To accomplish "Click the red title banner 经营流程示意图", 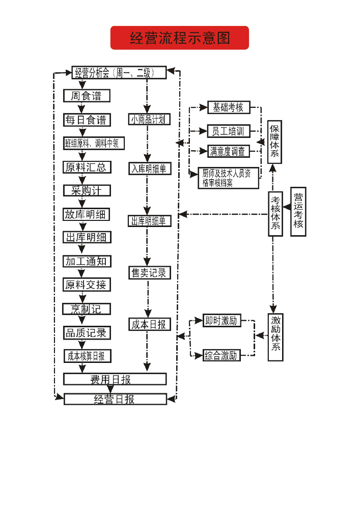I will (179, 38).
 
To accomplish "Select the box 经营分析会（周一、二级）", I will (119, 73).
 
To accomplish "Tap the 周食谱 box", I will (87, 96).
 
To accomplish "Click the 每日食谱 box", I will (87, 120).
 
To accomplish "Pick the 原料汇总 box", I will (87, 167).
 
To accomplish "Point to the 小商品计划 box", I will (149, 120).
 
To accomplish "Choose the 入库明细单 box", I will (149, 168).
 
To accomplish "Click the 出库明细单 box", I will (149, 221).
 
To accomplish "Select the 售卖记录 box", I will (149, 273).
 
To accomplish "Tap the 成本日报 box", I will (149, 324).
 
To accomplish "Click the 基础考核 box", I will (229, 107).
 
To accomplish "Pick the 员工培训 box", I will (229, 131).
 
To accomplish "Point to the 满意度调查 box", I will (229, 151).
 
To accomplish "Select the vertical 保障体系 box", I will (275, 142).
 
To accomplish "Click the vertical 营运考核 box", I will (298, 212).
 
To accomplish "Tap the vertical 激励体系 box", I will (275, 337).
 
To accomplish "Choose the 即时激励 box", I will (221, 321).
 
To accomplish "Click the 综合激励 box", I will (221, 355).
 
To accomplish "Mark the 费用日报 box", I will (115, 379).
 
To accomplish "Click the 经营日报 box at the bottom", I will (115, 399).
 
